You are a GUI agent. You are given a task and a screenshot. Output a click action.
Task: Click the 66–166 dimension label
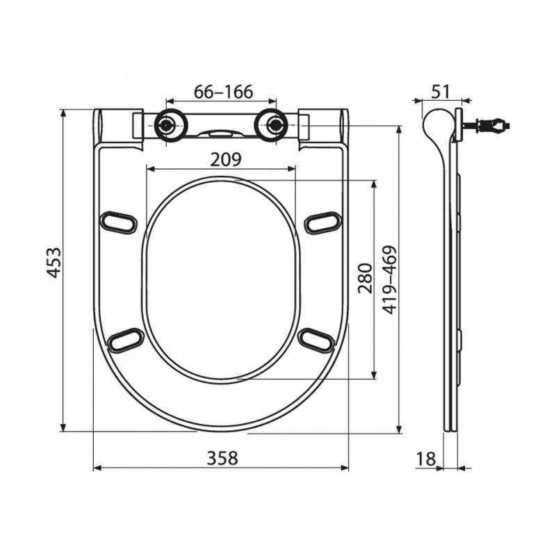(223, 92)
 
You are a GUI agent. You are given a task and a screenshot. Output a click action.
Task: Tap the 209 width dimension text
(226, 159)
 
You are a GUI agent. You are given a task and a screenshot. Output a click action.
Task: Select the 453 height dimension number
(54, 263)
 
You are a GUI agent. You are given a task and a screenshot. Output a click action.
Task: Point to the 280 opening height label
(366, 279)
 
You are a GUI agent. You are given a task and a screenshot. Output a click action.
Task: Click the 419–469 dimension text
(390, 280)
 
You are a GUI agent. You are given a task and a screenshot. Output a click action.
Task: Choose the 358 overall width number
(222, 458)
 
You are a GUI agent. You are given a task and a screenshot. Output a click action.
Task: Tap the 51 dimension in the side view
(441, 92)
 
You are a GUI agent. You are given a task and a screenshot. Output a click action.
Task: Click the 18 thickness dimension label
(426, 459)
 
